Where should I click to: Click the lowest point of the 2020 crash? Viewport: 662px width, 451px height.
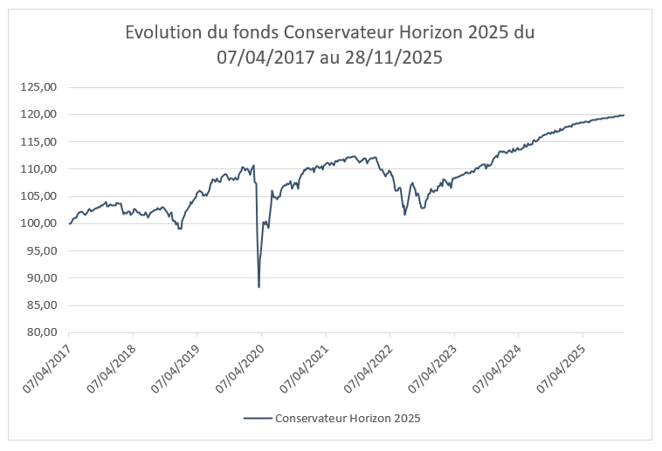259,287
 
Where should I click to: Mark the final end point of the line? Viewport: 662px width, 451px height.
624,115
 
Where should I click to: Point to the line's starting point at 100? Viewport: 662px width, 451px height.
69,223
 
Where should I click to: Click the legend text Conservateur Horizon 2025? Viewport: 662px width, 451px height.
348,419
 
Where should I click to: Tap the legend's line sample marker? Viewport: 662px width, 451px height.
256,419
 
